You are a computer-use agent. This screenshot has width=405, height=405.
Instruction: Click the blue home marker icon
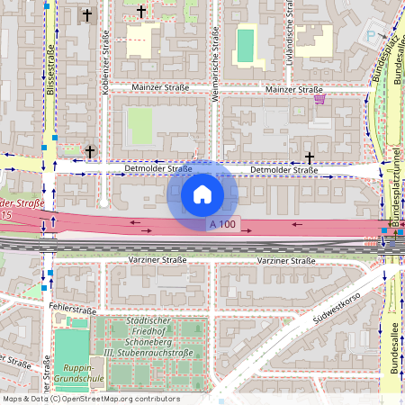(202, 193)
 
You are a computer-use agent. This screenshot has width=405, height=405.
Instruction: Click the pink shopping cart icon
(319, 100)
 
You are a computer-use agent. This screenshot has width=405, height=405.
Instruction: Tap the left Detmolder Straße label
(158, 168)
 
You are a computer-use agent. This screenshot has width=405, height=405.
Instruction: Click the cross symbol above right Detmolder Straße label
(310, 157)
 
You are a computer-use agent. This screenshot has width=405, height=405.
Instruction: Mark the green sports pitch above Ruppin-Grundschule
(71, 345)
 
